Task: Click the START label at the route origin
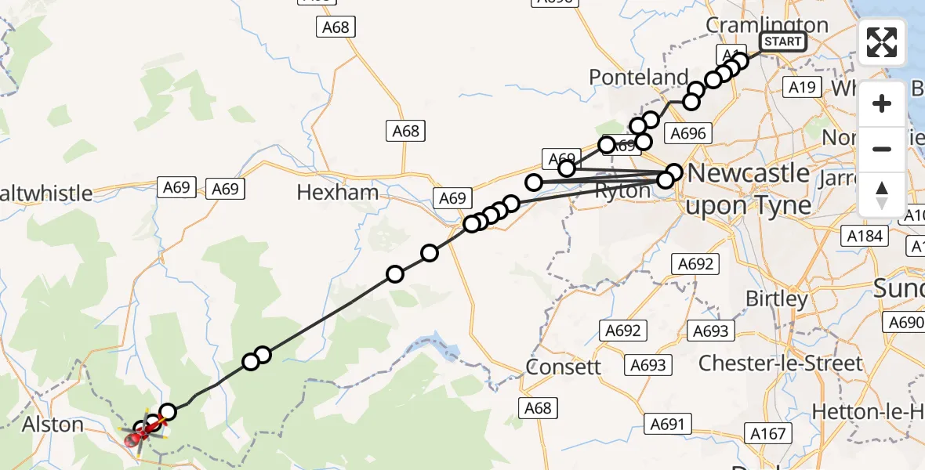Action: [x=782, y=42]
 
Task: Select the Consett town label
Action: [x=564, y=367]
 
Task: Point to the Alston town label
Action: [x=53, y=425]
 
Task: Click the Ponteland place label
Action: [x=638, y=77]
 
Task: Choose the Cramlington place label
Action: [x=767, y=25]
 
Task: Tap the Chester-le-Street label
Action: [x=780, y=363]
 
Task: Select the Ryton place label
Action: [x=623, y=191]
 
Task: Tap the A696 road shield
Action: [x=688, y=133]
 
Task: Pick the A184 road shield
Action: [x=865, y=235]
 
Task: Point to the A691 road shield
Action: [x=668, y=424]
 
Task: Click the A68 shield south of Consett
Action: [x=538, y=407]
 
